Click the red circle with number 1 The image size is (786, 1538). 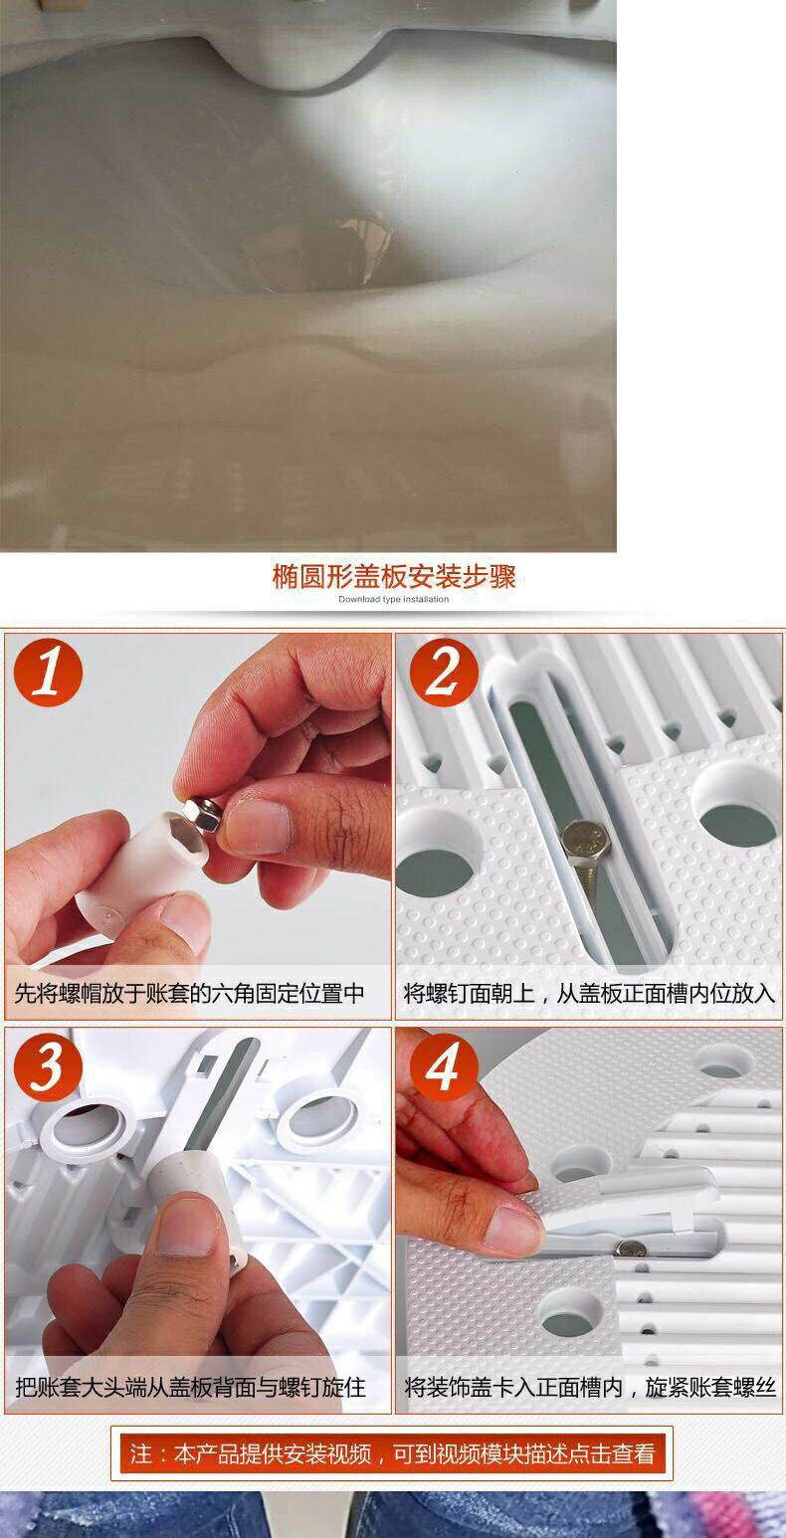pos(48,673)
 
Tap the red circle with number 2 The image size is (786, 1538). pos(444,673)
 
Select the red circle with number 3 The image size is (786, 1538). pos(48,1067)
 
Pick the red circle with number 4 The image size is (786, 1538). pos(444,1067)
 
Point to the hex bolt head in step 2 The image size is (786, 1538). pos(585,839)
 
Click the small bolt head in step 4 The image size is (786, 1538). pos(630,1248)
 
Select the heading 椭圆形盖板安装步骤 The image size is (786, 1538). pos(393,577)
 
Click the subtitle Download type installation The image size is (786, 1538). pos(393,600)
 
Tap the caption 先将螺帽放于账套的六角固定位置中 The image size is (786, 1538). pos(189,993)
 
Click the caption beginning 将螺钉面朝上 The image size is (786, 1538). pos(588,993)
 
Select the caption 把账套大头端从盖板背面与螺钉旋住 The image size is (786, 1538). pos(190,1387)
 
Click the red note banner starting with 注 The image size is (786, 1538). pos(392,1453)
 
